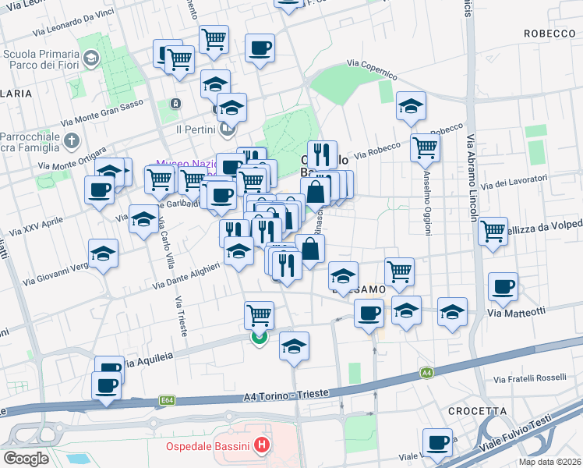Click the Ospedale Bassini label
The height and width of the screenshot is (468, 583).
(x=207, y=447)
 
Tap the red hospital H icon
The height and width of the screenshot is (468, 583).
(x=262, y=447)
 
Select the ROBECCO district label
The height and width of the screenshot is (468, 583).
(x=549, y=34)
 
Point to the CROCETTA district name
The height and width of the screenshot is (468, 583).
(x=472, y=411)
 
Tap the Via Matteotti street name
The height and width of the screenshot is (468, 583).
(x=514, y=313)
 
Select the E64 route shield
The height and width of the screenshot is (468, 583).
(x=168, y=400)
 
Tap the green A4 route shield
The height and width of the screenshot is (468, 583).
(x=426, y=374)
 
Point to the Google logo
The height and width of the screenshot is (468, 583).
(x=26, y=459)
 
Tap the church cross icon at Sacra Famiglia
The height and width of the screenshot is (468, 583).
(x=72, y=141)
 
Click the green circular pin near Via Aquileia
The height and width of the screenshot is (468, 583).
(x=259, y=337)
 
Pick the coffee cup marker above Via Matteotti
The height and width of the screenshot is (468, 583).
(x=503, y=286)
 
